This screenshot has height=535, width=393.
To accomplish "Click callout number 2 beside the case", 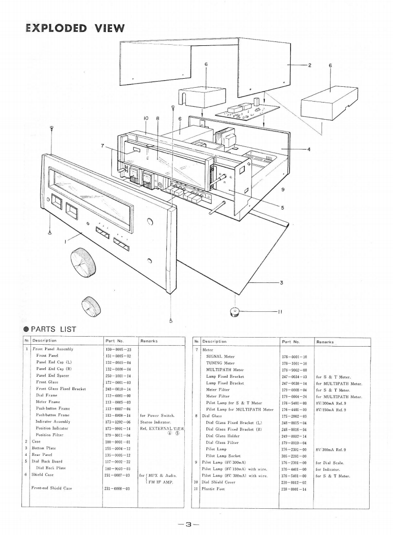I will click(x=310, y=65).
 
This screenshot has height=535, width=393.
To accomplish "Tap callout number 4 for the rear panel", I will click(x=309, y=149).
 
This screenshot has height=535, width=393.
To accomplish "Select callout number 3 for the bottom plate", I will click(x=282, y=282).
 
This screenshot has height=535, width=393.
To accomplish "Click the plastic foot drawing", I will click(x=235, y=312).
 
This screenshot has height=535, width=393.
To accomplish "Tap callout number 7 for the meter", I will click(x=102, y=145).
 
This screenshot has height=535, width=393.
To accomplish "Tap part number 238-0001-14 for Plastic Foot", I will click(x=294, y=488).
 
